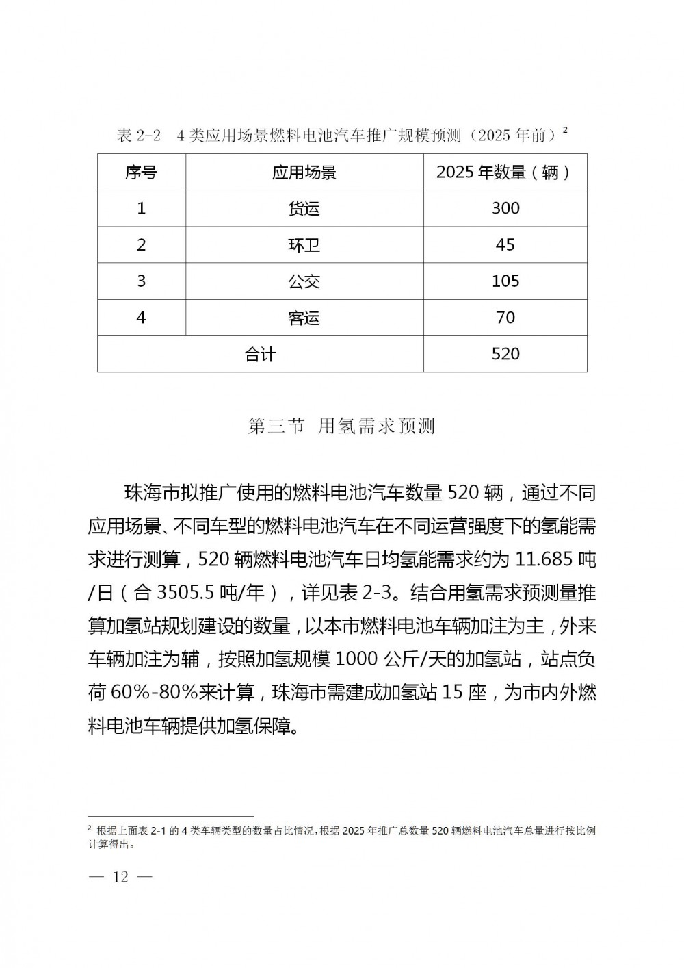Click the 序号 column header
141,172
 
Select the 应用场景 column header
304,172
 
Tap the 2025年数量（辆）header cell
505,172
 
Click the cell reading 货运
304,208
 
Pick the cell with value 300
505,208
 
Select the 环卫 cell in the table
304,245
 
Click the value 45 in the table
505,245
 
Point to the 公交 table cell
304,281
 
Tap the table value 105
505,281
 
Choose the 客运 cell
304,318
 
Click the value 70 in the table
505,318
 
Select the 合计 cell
261,354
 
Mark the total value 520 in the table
505,354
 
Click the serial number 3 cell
142,281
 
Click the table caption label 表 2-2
139,136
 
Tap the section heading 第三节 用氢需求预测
341,426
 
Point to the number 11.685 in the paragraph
544,559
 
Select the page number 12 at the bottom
120,878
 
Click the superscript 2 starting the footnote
90,828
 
